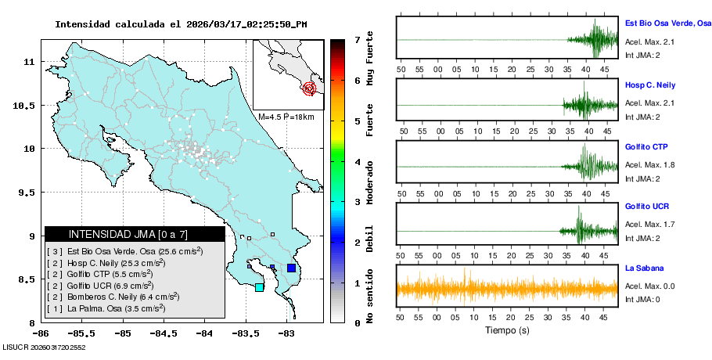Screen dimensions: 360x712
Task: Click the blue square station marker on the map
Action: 291,268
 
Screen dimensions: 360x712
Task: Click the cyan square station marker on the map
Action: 259,287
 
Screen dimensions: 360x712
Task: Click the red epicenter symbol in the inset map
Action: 309,88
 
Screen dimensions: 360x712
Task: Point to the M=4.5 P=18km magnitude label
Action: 286,117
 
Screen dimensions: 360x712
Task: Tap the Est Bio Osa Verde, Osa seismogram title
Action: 667,24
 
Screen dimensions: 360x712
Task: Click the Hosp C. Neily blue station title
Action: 649,85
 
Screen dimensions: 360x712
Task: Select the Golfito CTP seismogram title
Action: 646,146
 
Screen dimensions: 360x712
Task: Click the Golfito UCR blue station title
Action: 647,207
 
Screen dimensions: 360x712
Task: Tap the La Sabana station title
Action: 643,268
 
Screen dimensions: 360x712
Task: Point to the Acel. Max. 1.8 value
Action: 649,165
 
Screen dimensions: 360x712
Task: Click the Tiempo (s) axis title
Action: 507,330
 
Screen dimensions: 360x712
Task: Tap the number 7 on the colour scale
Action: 357,39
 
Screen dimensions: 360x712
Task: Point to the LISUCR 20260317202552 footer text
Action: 44,346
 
